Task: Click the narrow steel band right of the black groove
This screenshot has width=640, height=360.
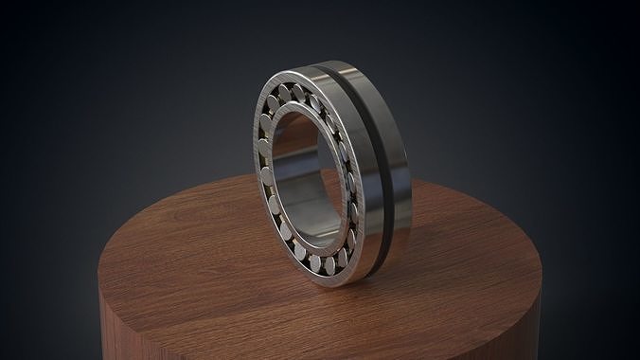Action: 398,171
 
